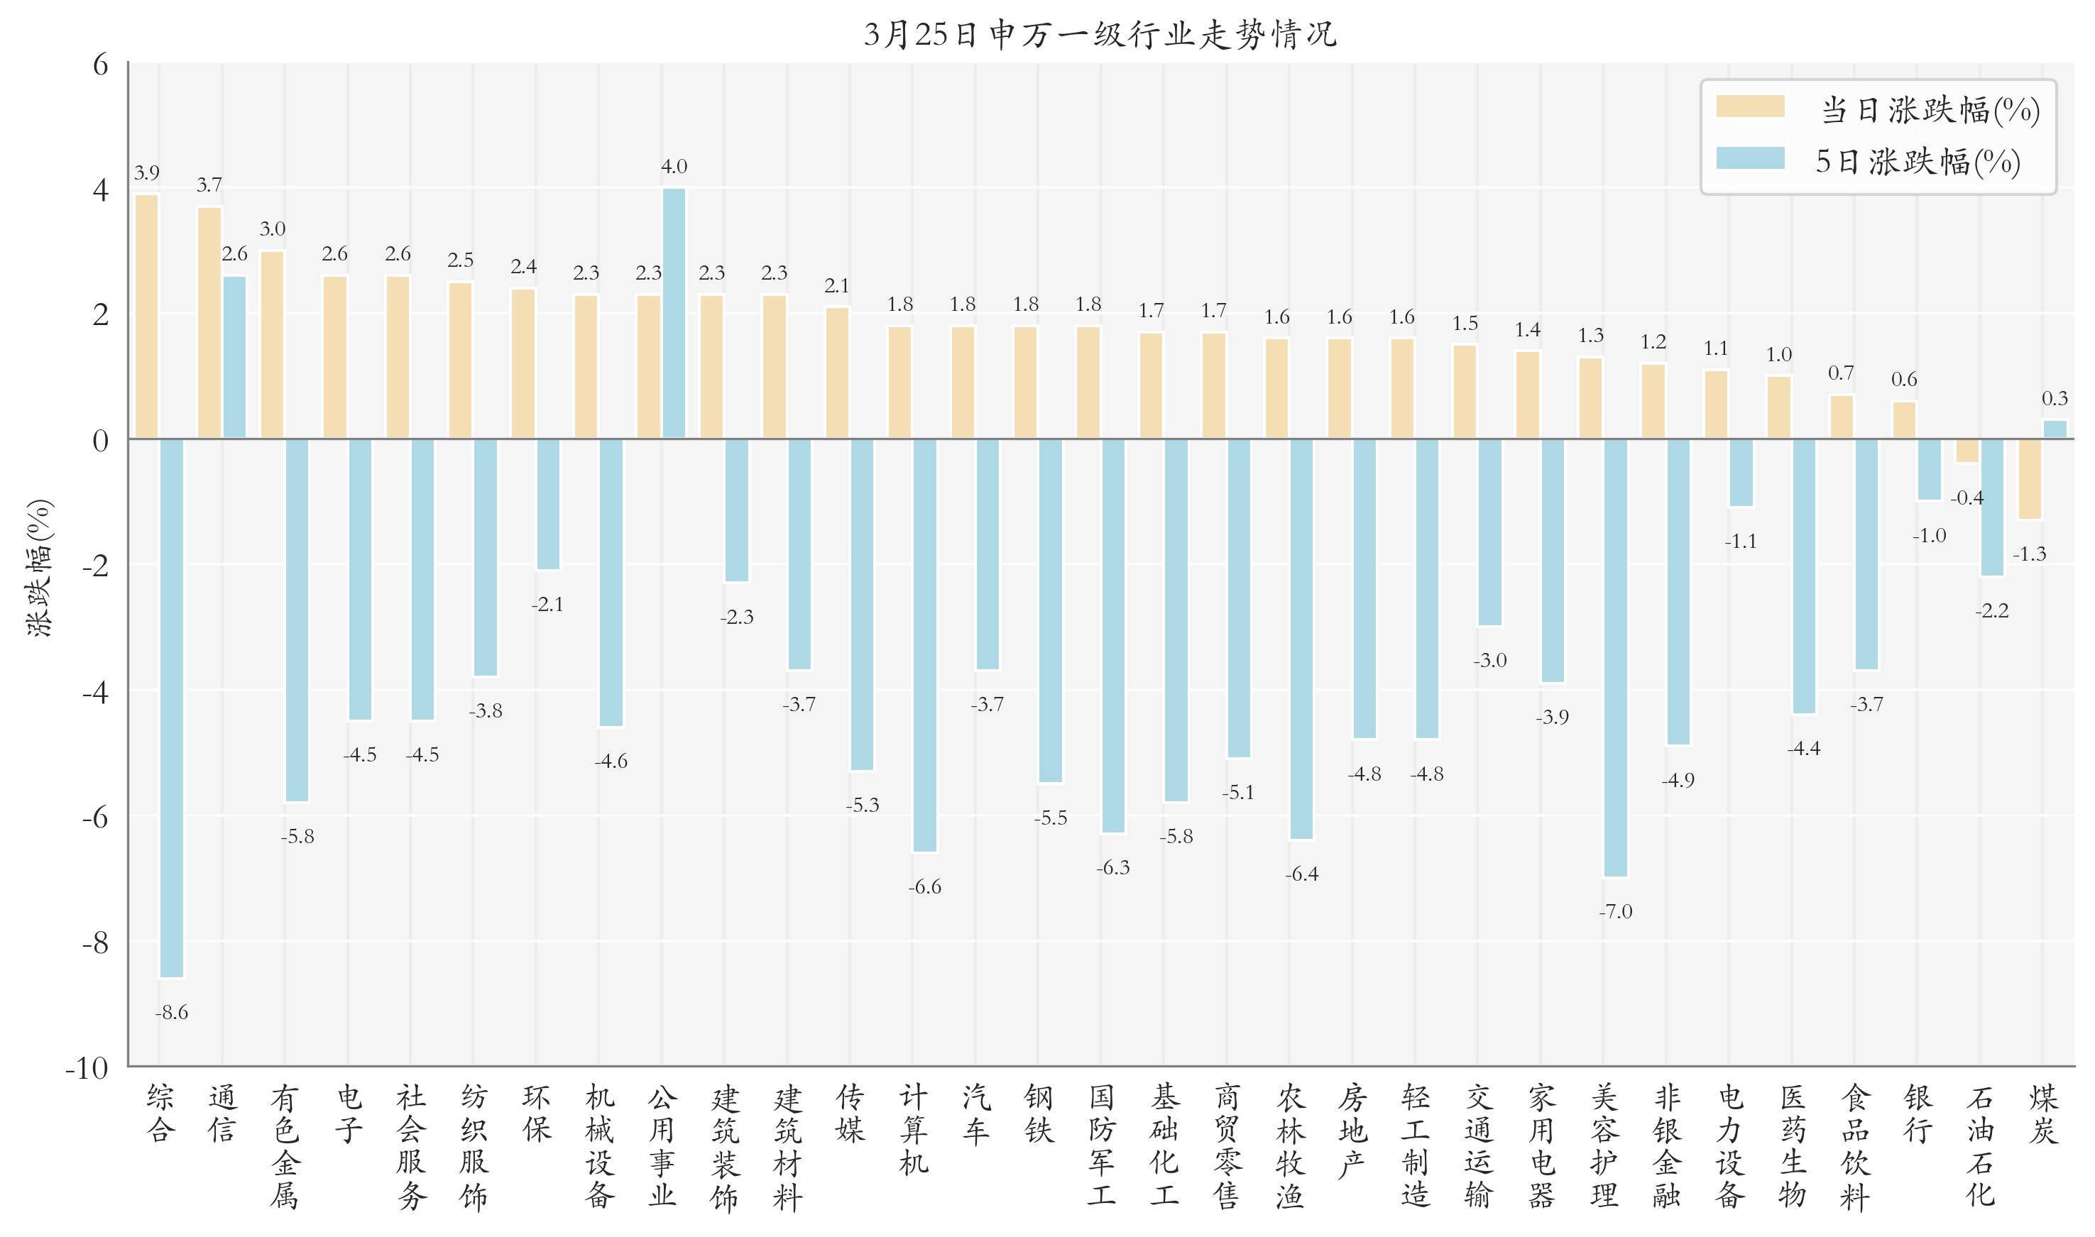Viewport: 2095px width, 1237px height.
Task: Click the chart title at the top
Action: (1100, 35)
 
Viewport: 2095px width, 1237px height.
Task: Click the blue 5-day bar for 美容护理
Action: (1616, 658)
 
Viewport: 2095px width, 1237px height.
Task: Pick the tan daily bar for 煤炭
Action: (2029, 478)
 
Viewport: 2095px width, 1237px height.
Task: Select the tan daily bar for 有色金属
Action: (273, 344)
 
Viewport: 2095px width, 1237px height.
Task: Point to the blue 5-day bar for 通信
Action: (234, 357)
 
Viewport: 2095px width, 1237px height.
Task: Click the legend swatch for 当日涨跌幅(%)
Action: (1750, 106)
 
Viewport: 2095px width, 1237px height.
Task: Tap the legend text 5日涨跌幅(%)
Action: (1918, 161)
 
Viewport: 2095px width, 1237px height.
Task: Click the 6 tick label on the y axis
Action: (101, 64)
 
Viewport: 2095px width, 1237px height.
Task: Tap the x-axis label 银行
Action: (1918, 1114)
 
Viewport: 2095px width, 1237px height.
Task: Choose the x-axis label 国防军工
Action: (1101, 1146)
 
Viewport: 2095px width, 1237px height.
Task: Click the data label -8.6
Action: (172, 1013)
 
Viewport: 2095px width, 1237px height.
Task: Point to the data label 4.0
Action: (674, 167)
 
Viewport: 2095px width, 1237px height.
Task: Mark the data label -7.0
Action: (1616, 912)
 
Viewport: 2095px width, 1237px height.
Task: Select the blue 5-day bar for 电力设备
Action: (1741, 473)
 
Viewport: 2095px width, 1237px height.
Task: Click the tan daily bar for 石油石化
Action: (1967, 450)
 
